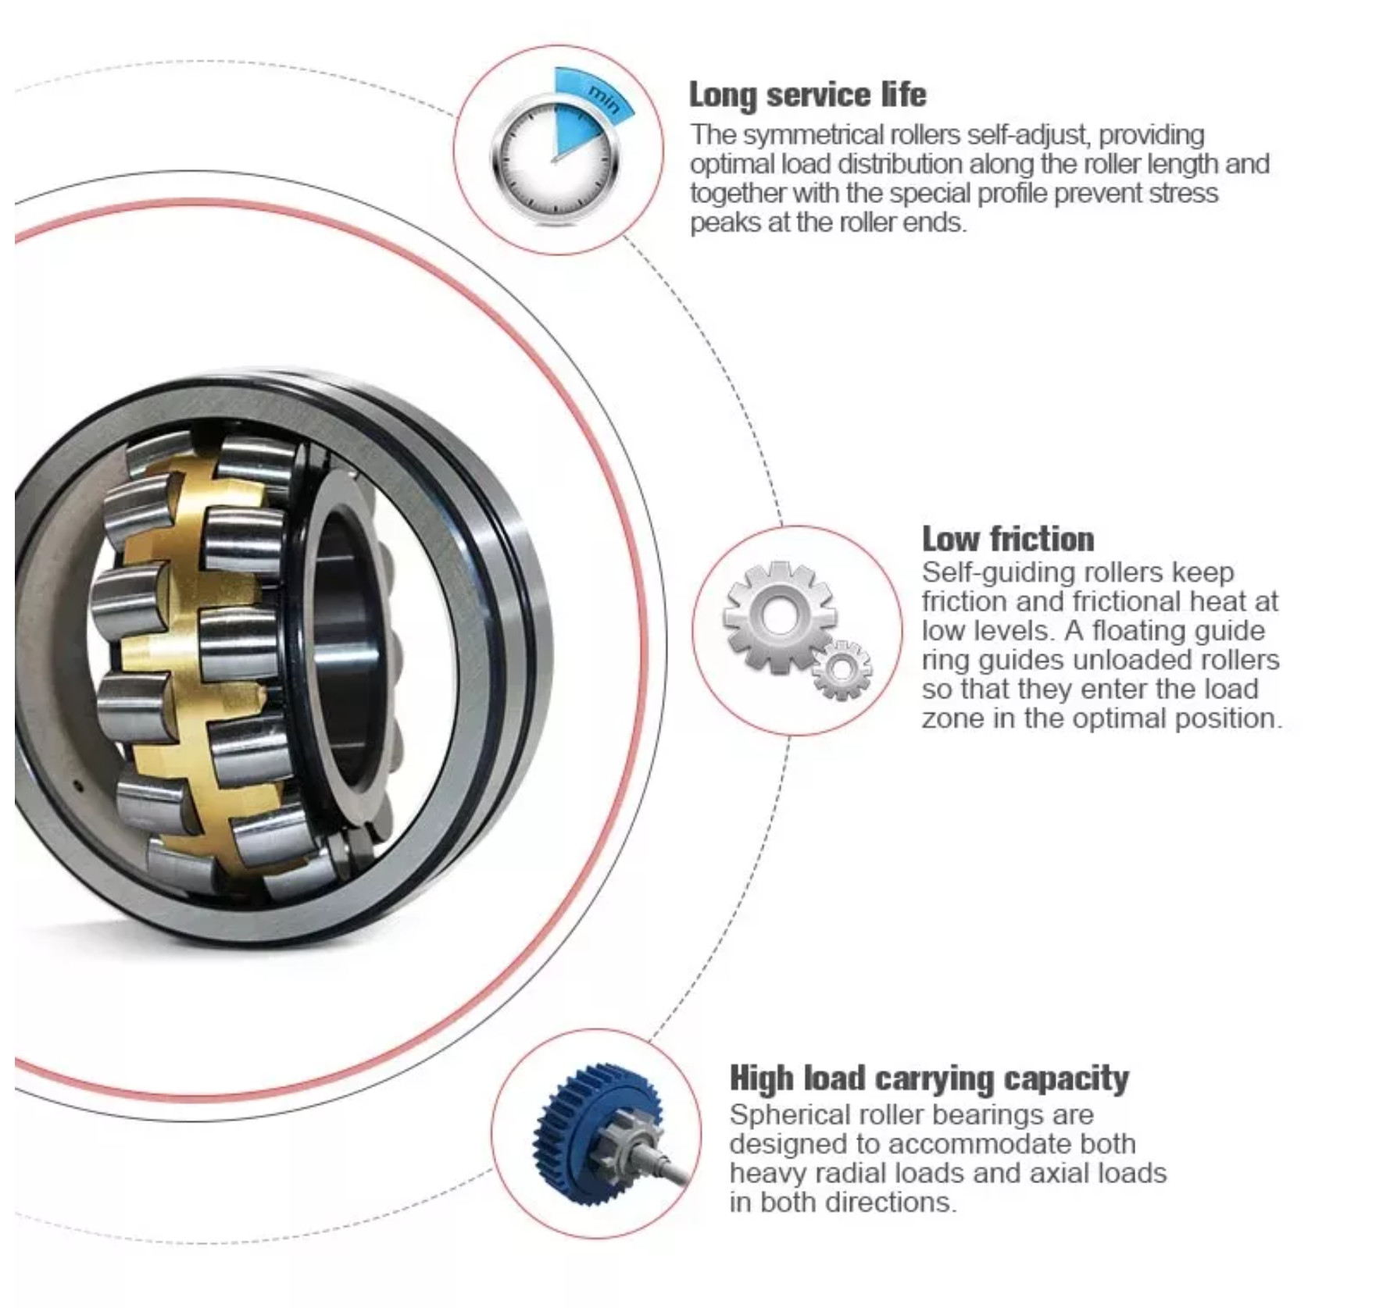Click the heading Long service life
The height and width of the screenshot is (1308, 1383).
click(807, 94)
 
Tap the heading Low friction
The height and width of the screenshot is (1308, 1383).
click(1008, 539)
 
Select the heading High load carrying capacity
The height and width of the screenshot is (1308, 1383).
click(929, 1078)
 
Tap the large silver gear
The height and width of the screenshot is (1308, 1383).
click(779, 617)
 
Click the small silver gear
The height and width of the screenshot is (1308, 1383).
click(842, 669)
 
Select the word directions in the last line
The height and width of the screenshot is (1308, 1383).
click(895, 1203)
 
